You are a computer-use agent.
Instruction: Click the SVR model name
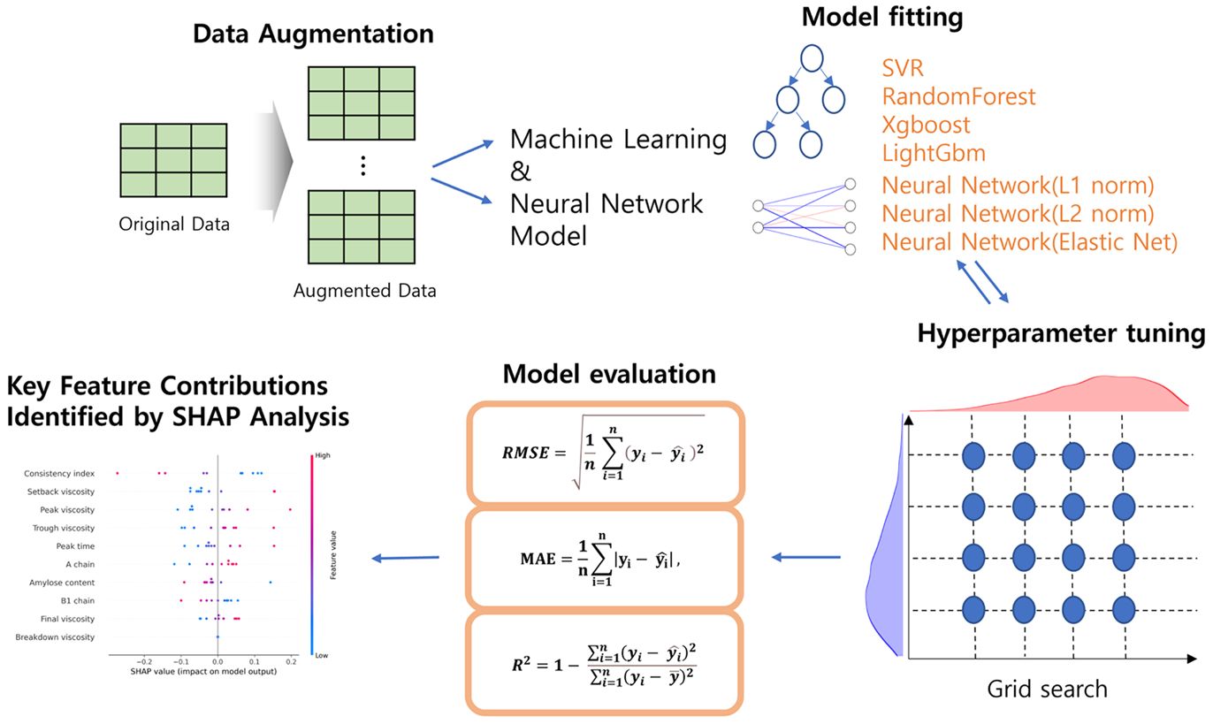tap(902, 68)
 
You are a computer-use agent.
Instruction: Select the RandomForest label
tap(958, 96)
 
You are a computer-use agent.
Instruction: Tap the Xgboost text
tap(926, 126)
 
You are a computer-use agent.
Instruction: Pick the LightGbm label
tap(934, 153)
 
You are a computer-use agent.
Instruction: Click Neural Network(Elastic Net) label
tap(1030, 241)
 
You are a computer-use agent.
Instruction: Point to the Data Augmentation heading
tap(314, 34)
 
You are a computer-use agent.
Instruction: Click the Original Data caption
tap(174, 225)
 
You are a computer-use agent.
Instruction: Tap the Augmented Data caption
tap(364, 291)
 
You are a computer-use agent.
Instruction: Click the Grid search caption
tap(1048, 690)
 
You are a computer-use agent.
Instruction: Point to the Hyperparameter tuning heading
tap(1061, 332)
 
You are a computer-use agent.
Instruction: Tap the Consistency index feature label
tap(59, 473)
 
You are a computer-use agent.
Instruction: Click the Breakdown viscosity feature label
tap(55, 636)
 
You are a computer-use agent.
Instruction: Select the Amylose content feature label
tap(62, 583)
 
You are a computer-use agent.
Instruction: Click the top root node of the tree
tap(812, 58)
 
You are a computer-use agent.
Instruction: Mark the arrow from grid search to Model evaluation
tap(805, 557)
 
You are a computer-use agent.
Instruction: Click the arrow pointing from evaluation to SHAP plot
tap(406, 558)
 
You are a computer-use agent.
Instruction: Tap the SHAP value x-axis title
tap(203, 672)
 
